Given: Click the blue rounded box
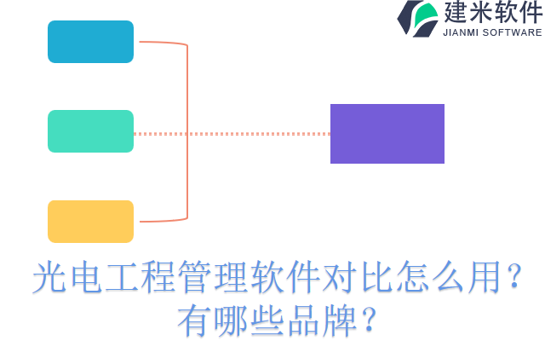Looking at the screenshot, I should (x=90, y=42).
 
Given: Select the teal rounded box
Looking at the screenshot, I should (x=90, y=131).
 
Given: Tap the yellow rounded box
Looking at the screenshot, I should (x=90, y=222).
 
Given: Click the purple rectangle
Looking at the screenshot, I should (x=387, y=134).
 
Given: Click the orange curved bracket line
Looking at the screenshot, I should (x=186, y=128).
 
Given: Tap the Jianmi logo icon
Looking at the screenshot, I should (x=417, y=18).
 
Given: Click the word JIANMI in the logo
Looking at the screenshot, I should (x=462, y=32).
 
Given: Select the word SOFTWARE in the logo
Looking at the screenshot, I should (x=513, y=32).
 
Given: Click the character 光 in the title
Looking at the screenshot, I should (x=49, y=279).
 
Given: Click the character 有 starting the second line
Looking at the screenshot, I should (x=194, y=321).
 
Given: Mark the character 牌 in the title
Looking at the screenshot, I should (x=339, y=321).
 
